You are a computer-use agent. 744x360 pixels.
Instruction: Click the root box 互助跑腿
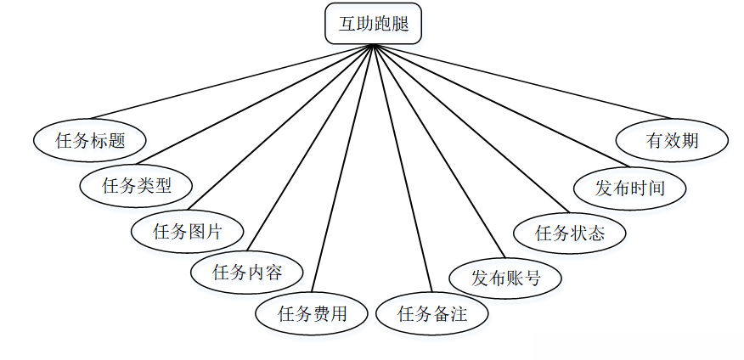coord(373,24)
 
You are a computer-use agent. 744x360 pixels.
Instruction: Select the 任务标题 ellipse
coord(90,141)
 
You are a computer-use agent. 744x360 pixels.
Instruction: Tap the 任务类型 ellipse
coord(137,185)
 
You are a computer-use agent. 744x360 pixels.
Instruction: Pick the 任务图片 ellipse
coord(188,230)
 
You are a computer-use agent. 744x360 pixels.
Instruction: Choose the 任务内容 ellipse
coord(246,273)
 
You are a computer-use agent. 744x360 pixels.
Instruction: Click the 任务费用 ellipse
coord(313,313)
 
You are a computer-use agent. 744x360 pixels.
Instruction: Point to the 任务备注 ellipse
coord(432,313)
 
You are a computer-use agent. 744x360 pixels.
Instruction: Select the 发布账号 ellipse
coord(505,277)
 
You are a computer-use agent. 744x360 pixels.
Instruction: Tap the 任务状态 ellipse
coord(570,233)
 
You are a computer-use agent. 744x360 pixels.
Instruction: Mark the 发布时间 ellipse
coord(629,188)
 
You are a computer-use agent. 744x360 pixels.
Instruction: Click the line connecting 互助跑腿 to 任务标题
coord(229,82)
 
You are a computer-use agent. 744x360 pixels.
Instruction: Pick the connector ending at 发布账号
coord(437,151)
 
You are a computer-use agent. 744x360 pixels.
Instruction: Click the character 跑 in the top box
coord(382,24)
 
